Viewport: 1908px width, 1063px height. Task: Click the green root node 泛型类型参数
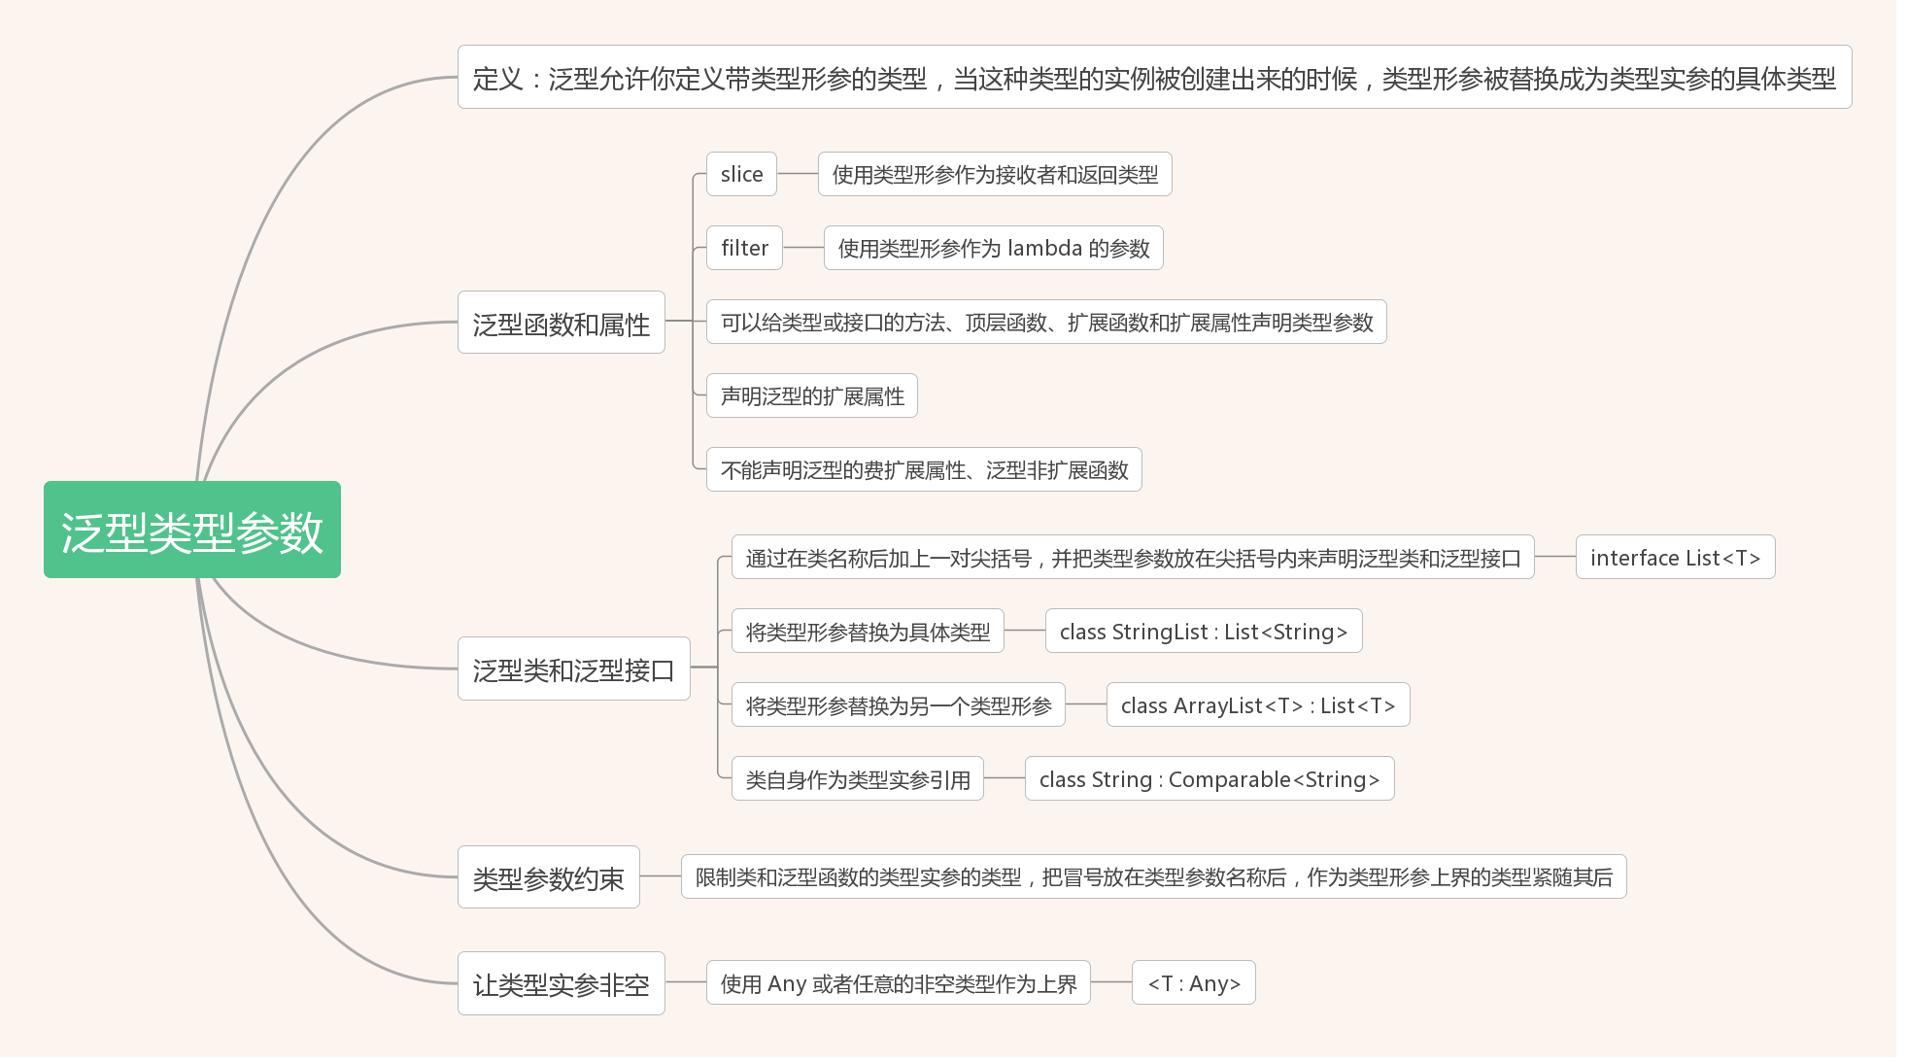tap(191, 530)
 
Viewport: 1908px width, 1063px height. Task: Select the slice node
tap(741, 174)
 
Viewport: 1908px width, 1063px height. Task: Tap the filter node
tap(744, 248)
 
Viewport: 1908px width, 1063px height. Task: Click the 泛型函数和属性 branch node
tap(561, 323)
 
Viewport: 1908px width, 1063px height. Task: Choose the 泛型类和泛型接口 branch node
tap(573, 669)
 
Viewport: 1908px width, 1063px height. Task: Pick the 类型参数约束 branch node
tap(548, 877)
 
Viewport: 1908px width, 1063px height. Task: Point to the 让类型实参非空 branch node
tap(561, 983)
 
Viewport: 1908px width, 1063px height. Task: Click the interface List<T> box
tap(1675, 557)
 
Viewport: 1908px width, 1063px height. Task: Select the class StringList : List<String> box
tap(1203, 632)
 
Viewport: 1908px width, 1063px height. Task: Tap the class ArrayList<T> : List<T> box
tap(1257, 705)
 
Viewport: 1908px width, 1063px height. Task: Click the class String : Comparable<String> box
tap(1209, 779)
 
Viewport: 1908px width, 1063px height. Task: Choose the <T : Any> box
tap(1193, 983)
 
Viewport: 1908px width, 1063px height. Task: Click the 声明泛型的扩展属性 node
tap(811, 395)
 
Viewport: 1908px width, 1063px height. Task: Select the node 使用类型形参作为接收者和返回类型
tap(994, 174)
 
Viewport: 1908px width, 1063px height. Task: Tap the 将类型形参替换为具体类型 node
tap(867, 632)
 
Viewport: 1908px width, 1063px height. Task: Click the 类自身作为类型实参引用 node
tap(857, 779)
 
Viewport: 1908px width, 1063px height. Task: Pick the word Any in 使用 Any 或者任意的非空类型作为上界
tap(787, 983)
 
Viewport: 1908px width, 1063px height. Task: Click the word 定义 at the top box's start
tap(497, 78)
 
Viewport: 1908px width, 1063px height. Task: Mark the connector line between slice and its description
tap(797, 174)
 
